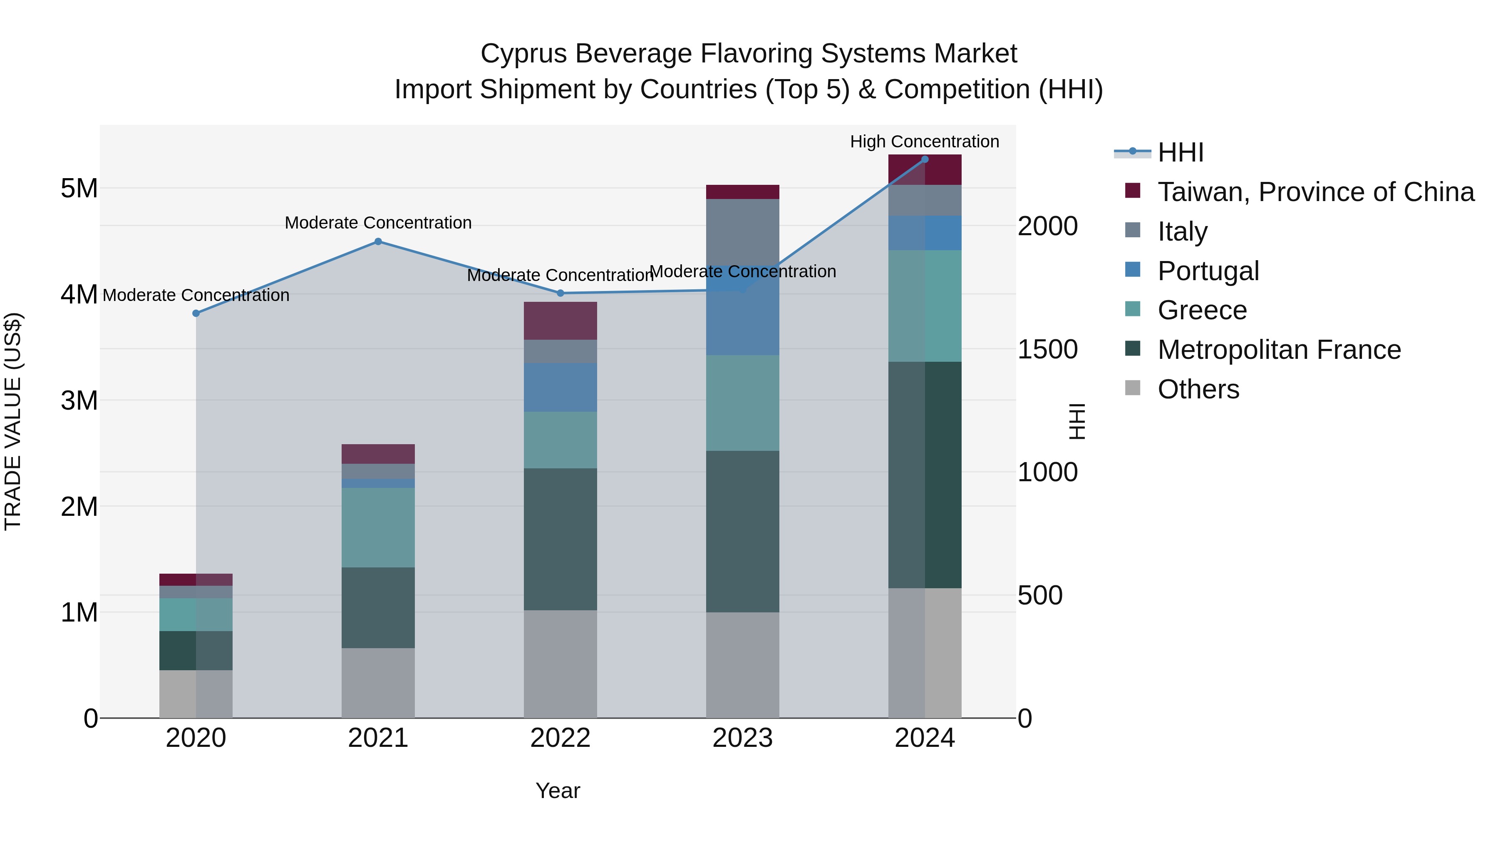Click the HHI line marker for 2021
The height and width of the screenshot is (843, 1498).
(x=378, y=241)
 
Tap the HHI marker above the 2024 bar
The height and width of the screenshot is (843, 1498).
(x=925, y=159)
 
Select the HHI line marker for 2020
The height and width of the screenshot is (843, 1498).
(x=196, y=313)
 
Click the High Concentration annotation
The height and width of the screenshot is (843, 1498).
(x=925, y=142)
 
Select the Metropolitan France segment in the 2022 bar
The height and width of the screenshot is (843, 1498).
(x=560, y=539)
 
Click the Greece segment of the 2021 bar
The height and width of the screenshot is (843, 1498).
(x=378, y=528)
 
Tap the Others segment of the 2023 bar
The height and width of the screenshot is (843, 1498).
(x=743, y=665)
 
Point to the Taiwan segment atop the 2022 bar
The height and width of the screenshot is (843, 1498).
(x=560, y=321)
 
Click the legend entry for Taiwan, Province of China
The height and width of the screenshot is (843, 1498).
(x=1315, y=192)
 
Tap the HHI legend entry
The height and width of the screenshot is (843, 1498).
(x=1181, y=152)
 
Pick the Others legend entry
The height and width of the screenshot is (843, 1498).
(x=1198, y=389)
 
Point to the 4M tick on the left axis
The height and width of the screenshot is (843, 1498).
(x=79, y=294)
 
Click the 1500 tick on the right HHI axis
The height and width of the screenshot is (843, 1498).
(x=1047, y=349)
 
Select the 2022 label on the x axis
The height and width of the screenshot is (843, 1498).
(x=560, y=738)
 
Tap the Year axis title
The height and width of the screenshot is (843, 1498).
(x=558, y=791)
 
